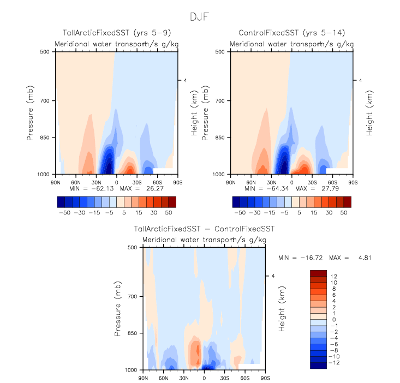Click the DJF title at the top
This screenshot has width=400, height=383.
200,16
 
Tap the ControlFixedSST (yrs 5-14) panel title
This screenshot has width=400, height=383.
291,34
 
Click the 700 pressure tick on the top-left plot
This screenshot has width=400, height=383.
47,101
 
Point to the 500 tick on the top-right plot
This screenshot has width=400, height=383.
223,52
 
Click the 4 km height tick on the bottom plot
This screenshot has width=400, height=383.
273,276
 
